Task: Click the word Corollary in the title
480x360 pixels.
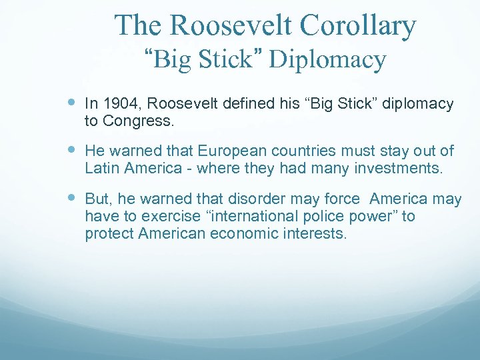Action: (x=357, y=26)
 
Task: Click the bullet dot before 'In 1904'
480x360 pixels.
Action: (x=73, y=103)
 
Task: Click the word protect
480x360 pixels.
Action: (x=107, y=233)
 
